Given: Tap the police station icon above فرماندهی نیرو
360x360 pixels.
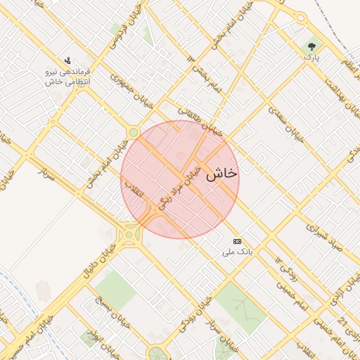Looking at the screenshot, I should pyautogui.click(x=67, y=60).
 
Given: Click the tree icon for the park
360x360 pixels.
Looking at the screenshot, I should pyautogui.click(x=311, y=47).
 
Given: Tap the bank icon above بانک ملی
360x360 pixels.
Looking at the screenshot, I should pyautogui.click(x=237, y=240).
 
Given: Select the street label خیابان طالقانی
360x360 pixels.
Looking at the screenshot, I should pyautogui.click(x=200, y=121).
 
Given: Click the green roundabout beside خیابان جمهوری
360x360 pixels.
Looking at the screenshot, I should pyautogui.click(x=133, y=132).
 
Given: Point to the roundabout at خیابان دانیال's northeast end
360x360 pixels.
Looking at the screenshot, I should pyautogui.click(x=129, y=235).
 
